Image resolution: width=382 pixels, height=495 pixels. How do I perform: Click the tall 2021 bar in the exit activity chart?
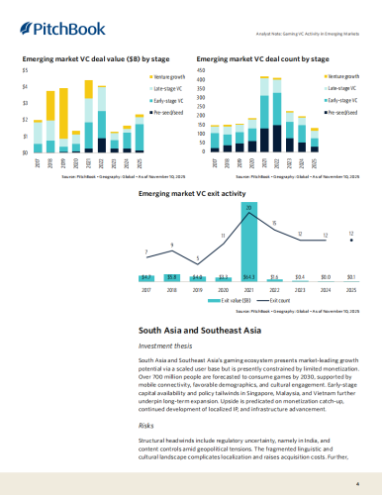pyautogui.click(x=249, y=276)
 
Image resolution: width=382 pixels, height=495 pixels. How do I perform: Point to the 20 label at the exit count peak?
pyautogui.click(x=249, y=207)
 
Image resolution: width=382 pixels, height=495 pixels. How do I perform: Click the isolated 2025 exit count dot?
pyautogui.click(x=351, y=241)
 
